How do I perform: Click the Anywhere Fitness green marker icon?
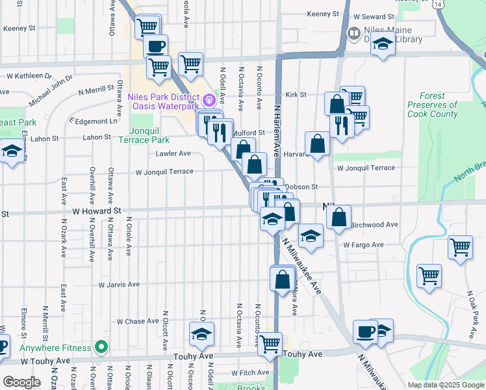(100, 347)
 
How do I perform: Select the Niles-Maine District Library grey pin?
(353, 32)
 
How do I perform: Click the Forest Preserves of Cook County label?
(433, 105)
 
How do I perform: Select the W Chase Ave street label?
(138, 321)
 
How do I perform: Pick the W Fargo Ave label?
(364, 245)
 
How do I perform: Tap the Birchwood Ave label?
(374, 225)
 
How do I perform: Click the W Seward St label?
(374, 16)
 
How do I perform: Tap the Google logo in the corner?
(21, 382)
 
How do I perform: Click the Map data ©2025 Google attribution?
(445, 385)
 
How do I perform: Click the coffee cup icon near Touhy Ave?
(365, 331)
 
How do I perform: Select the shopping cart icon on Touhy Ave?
(270, 343)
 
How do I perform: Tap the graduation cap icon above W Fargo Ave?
(311, 235)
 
